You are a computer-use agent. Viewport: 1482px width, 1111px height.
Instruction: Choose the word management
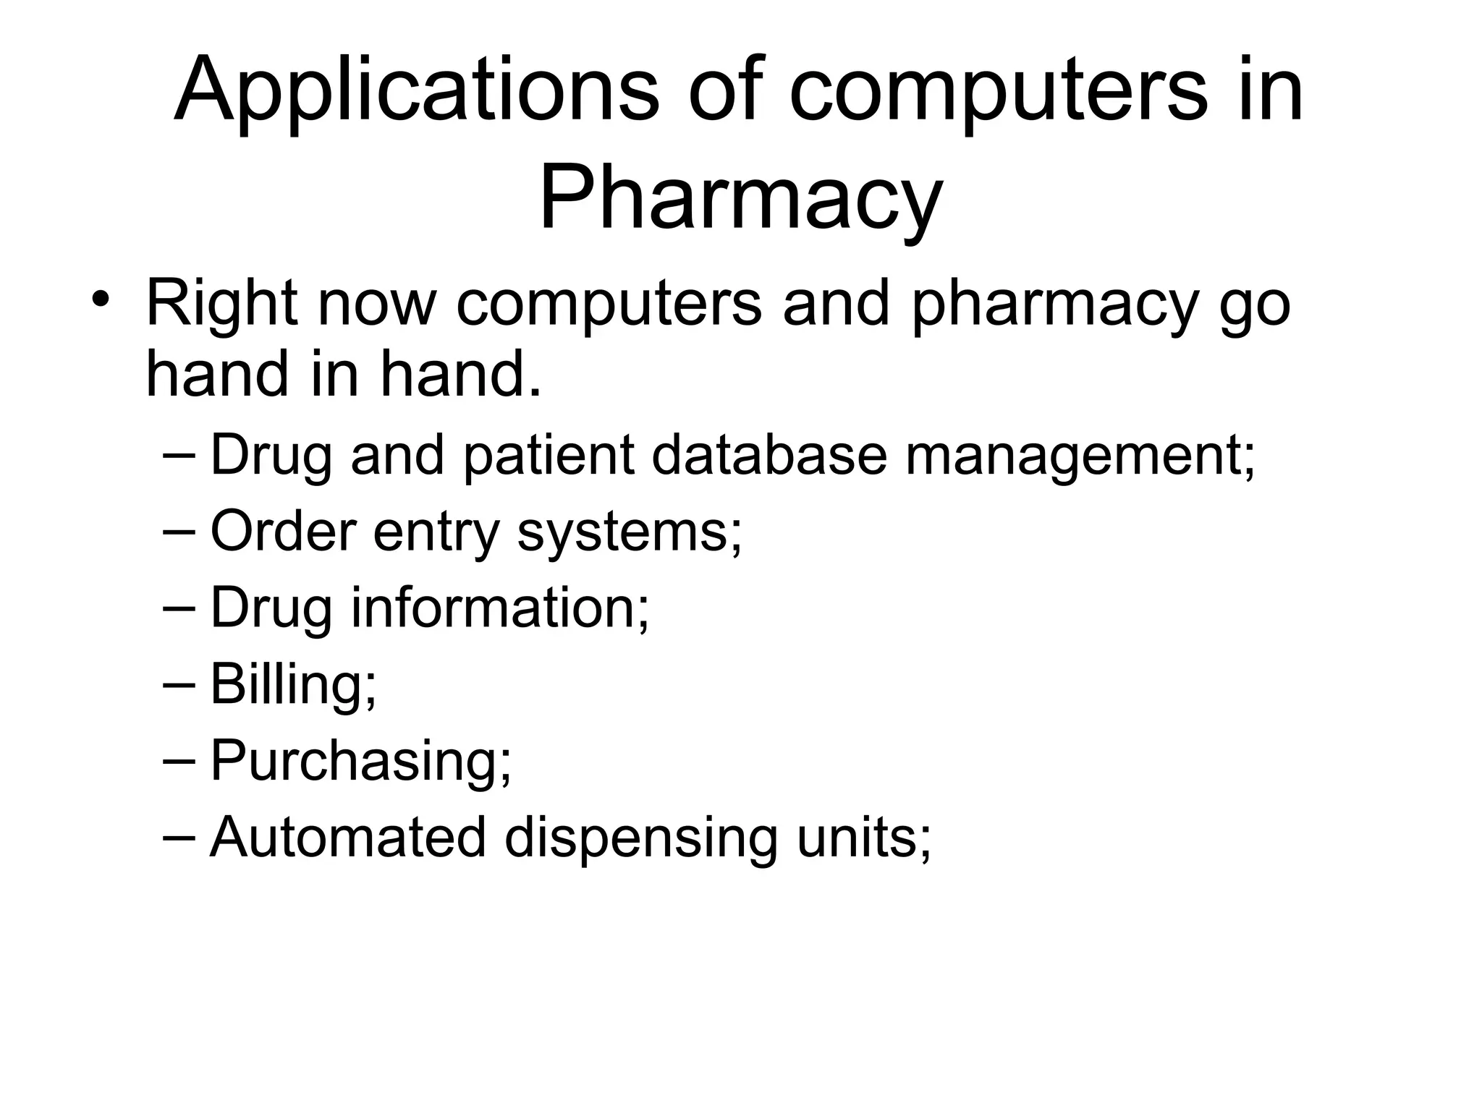(x=1080, y=456)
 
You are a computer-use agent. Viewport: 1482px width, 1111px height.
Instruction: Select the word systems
(x=630, y=532)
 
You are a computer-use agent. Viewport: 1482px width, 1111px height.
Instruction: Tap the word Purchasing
(x=360, y=761)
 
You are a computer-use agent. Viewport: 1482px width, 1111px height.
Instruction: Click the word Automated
(x=348, y=837)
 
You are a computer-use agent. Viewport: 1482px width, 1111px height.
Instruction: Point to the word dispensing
(x=641, y=838)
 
